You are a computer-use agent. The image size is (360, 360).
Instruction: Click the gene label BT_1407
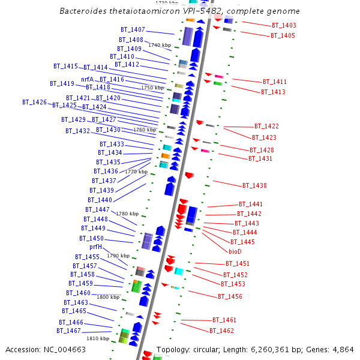pyautogui.click(x=133, y=29)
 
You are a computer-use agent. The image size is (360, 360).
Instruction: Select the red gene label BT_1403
pyautogui.click(x=284, y=25)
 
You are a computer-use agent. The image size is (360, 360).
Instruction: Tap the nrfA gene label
pyautogui.click(x=88, y=79)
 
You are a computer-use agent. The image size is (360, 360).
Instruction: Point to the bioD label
pyautogui.click(x=235, y=251)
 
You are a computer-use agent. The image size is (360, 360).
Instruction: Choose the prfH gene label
pyautogui.click(x=96, y=247)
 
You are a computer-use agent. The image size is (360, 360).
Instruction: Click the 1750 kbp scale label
pyautogui.click(x=152, y=88)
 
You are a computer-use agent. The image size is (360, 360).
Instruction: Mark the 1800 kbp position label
pyautogui.click(x=108, y=297)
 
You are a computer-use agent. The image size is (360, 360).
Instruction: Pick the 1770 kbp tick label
pyautogui.click(x=136, y=172)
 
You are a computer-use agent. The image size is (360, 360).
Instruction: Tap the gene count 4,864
pyautogui.click(x=341, y=349)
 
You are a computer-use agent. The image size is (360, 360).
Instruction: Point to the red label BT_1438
pyautogui.click(x=254, y=185)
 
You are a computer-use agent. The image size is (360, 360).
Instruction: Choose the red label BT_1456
pyautogui.click(x=230, y=296)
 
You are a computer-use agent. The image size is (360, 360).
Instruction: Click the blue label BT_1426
pyautogui.click(x=34, y=103)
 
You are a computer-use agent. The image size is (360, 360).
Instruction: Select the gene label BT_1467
pyautogui.click(x=69, y=331)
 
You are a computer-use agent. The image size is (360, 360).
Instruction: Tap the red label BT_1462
pyautogui.click(x=221, y=331)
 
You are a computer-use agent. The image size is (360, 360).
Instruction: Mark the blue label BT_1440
pyautogui.click(x=100, y=200)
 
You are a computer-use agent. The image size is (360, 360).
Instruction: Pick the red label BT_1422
pyautogui.click(x=266, y=126)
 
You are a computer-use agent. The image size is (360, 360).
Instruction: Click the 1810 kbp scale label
pyautogui.click(x=98, y=338)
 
